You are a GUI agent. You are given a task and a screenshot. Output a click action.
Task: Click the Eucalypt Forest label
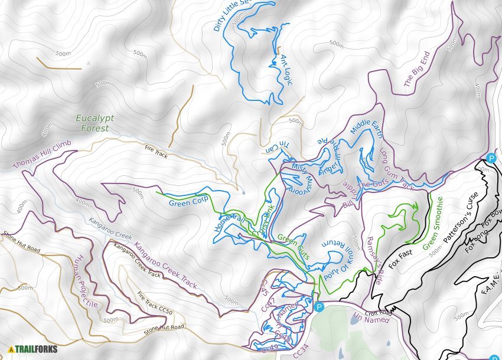point(92,123)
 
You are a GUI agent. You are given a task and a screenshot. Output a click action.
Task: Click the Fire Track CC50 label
point(154,303)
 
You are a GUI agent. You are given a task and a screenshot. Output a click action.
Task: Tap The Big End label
point(416,69)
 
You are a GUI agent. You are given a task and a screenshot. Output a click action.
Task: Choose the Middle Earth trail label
point(367,134)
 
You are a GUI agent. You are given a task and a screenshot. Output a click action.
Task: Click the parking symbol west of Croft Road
point(319,306)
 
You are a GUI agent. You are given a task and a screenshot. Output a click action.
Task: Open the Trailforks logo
point(33,349)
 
